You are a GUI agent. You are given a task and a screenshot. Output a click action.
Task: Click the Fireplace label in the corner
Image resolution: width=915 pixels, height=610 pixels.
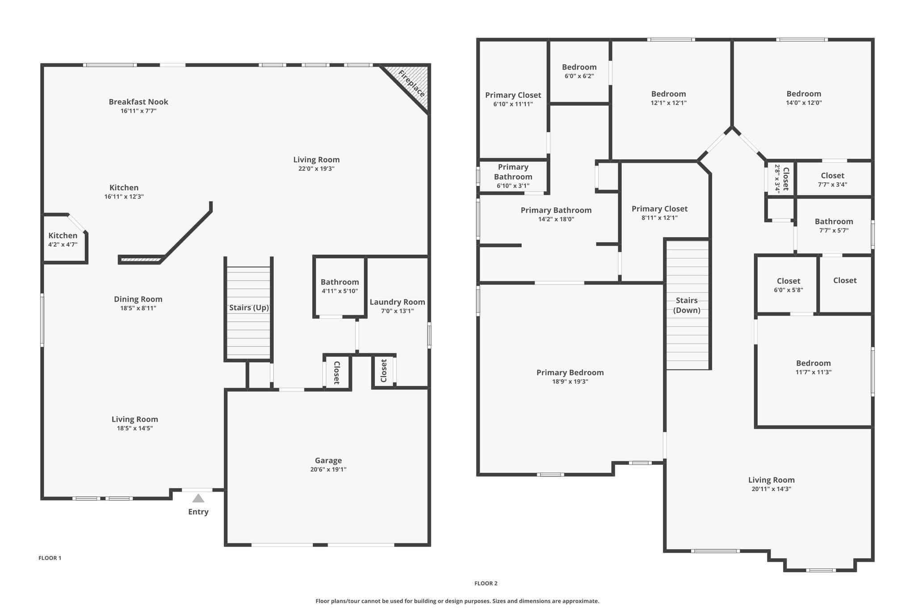coord(411,84)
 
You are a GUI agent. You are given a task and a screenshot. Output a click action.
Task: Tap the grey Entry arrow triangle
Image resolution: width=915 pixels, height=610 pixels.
coord(198,498)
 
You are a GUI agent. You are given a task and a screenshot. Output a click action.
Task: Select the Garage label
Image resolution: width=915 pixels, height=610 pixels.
coord(328,460)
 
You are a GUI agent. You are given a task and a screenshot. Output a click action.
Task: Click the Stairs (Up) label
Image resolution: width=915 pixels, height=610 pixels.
coord(249,307)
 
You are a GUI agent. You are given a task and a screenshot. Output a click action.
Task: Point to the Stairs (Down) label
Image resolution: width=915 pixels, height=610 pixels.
coord(687,305)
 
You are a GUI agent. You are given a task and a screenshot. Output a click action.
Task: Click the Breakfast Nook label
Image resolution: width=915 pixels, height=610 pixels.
coord(139,102)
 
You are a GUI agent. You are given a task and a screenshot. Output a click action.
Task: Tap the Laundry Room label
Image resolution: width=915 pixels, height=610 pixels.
coord(397,302)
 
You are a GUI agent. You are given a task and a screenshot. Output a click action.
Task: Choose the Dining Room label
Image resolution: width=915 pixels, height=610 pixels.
coord(138,299)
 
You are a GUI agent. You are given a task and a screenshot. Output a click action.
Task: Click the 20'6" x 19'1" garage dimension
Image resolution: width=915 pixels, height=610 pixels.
coord(328,469)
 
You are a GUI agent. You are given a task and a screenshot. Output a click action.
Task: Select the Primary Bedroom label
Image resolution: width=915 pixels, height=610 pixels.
coord(570,373)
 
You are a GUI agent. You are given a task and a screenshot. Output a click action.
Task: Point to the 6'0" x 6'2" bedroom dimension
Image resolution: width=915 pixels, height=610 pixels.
coord(579,76)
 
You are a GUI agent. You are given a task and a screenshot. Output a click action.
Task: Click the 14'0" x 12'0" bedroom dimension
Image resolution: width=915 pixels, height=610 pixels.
coord(804,103)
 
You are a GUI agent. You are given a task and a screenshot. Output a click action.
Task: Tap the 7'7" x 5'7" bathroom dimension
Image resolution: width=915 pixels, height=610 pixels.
coord(834,231)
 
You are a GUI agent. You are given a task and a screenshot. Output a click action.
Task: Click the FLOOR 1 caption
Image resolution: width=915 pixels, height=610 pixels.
coord(50,558)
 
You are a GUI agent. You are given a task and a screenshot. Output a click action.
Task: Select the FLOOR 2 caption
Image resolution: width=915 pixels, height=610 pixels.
coord(486,583)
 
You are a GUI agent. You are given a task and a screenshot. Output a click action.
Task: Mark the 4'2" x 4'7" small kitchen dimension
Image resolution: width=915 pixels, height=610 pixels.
coord(63,244)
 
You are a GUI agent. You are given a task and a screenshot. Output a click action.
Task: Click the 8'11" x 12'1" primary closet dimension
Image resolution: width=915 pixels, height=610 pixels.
coord(659,218)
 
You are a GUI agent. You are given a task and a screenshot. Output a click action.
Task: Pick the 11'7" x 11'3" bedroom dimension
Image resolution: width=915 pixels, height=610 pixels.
coord(813,372)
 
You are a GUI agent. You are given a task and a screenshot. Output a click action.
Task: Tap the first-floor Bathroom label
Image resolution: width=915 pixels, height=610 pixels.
coord(340,282)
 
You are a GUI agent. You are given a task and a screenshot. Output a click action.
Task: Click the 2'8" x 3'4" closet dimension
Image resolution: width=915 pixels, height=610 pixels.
coord(777,179)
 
